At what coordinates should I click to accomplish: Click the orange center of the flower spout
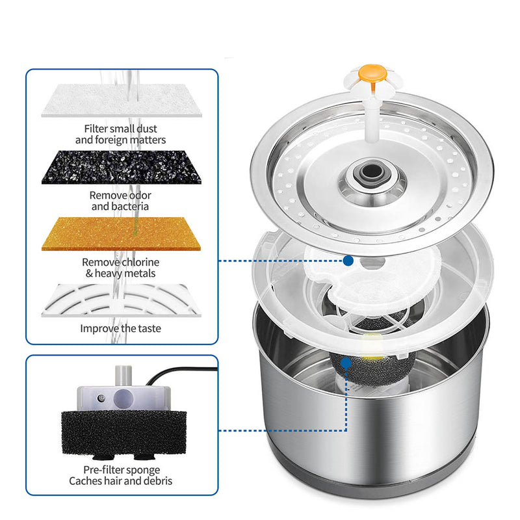(372, 74)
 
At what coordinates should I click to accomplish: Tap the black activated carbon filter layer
(122, 167)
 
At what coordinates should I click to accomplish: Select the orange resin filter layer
(122, 234)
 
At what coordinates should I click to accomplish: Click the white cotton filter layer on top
(122, 101)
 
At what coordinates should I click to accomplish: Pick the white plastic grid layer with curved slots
(122, 300)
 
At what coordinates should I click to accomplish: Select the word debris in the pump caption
(157, 481)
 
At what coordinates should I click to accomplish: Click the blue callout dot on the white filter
(348, 261)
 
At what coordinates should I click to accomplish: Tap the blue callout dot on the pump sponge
(346, 363)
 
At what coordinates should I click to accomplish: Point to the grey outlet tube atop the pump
(123, 376)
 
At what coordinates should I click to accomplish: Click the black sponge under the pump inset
(123, 433)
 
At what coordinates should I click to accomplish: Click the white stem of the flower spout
(372, 119)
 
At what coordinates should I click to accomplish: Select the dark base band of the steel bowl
(371, 478)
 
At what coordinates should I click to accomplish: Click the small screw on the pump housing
(101, 398)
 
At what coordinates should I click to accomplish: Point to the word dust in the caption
(147, 129)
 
